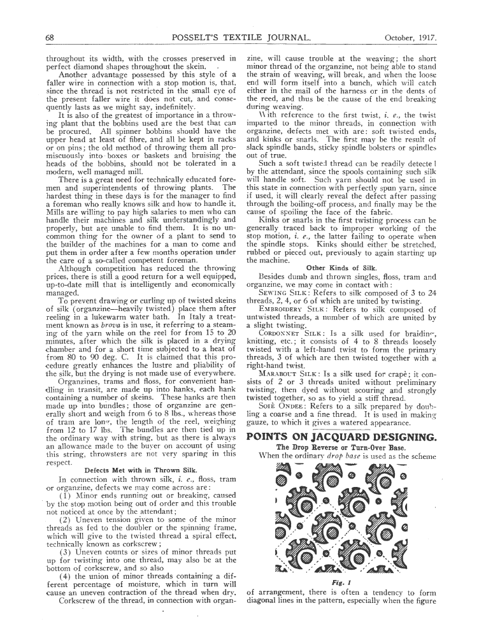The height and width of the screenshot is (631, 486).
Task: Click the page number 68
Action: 50,38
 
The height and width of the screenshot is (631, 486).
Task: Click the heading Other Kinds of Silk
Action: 341,268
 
